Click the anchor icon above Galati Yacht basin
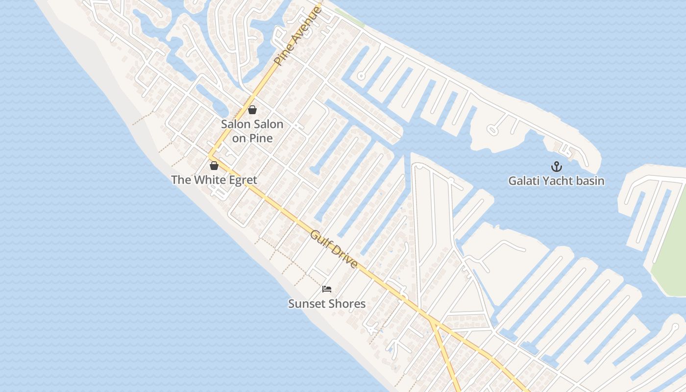pyautogui.click(x=556, y=166)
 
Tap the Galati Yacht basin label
pyautogui.click(x=556, y=181)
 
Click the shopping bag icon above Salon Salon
pyautogui.click(x=252, y=110)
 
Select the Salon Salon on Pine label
pyautogui.click(x=252, y=131)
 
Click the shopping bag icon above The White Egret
pyautogui.click(x=214, y=166)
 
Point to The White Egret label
pyautogui.click(x=214, y=180)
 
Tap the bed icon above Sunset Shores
pyautogui.click(x=327, y=289)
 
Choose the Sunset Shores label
pyautogui.click(x=327, y=304)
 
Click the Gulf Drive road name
pyautogui.click(x=334, y=249)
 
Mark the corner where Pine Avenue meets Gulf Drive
pyautogui.click(x=211, y=156)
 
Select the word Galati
pyautogui.click(x=523, y=181)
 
